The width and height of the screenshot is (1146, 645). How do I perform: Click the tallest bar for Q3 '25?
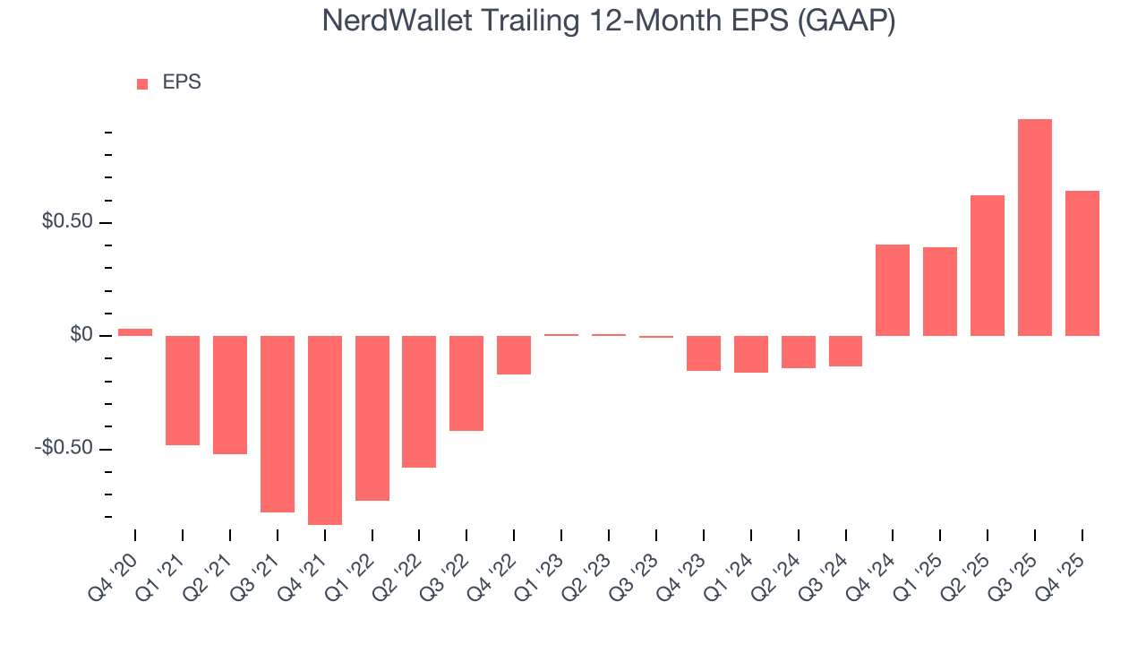(1034, 228)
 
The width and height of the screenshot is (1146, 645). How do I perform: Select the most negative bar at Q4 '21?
(325, 430)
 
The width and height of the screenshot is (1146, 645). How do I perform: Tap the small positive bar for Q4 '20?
(135, 332)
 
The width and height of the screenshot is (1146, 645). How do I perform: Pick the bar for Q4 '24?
(893, 290)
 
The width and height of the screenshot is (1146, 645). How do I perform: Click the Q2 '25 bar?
(987, 265)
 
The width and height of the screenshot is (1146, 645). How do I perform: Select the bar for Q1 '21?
(183, 391)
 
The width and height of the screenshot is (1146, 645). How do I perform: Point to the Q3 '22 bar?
(466, 383)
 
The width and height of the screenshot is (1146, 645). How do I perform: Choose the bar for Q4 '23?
(703, 353)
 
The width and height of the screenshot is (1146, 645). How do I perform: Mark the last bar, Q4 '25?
(1082, 263)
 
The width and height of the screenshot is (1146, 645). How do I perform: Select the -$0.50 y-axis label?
(63, 448)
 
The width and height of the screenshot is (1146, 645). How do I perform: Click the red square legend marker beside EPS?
(142, 84)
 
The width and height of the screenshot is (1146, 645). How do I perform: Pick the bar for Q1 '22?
(372, 417)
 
